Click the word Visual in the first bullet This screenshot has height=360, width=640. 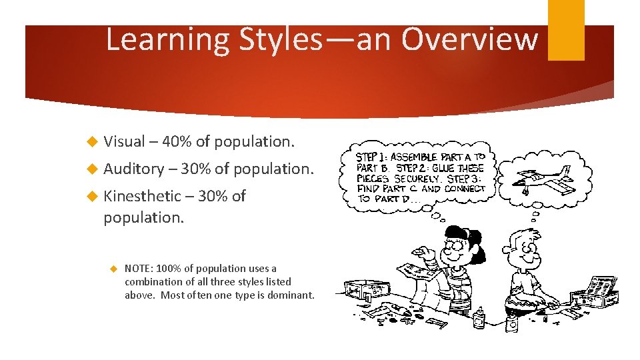coord(124,141)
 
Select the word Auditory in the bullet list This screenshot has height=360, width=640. coord(133,169)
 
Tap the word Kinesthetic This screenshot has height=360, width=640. coord(142,196)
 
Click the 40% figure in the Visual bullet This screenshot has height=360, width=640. coord(177,141)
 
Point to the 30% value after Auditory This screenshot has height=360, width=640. coord(195,169)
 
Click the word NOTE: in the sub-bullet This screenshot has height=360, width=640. coord(139,269)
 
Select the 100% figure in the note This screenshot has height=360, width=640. coord(169,269)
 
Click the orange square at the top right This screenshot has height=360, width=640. coord(566,30)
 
